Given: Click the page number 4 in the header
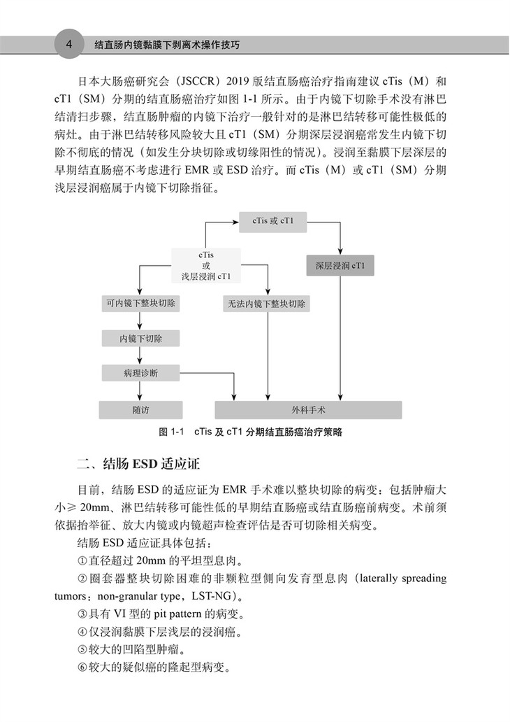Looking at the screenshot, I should coord(68,44).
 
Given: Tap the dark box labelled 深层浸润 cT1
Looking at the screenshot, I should coord(340,267).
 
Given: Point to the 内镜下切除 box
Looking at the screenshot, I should coord(140,339).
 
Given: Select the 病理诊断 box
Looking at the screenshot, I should coord(140,374).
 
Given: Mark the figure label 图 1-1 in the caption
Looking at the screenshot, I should coord(171,432).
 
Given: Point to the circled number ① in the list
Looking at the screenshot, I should coord(82,560).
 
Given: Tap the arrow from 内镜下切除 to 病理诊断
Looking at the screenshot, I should coord(140,356).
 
